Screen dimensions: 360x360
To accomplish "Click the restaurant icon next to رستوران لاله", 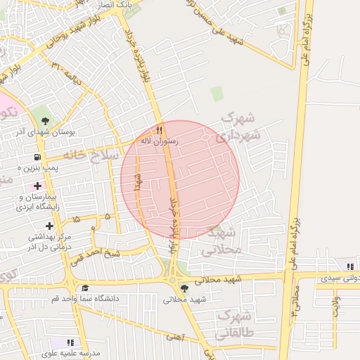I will coord(160,130).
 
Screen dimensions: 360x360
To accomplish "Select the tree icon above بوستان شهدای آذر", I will coord(46,120).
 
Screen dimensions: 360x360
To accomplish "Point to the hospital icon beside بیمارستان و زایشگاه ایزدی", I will coord(37,186).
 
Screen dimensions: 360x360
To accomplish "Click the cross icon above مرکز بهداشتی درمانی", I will coord(49,226).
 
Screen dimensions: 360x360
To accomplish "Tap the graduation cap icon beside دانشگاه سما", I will coord(84,288).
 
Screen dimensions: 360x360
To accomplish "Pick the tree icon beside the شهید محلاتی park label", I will coord(185,288).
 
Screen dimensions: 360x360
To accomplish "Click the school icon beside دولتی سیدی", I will coord(349,266).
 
